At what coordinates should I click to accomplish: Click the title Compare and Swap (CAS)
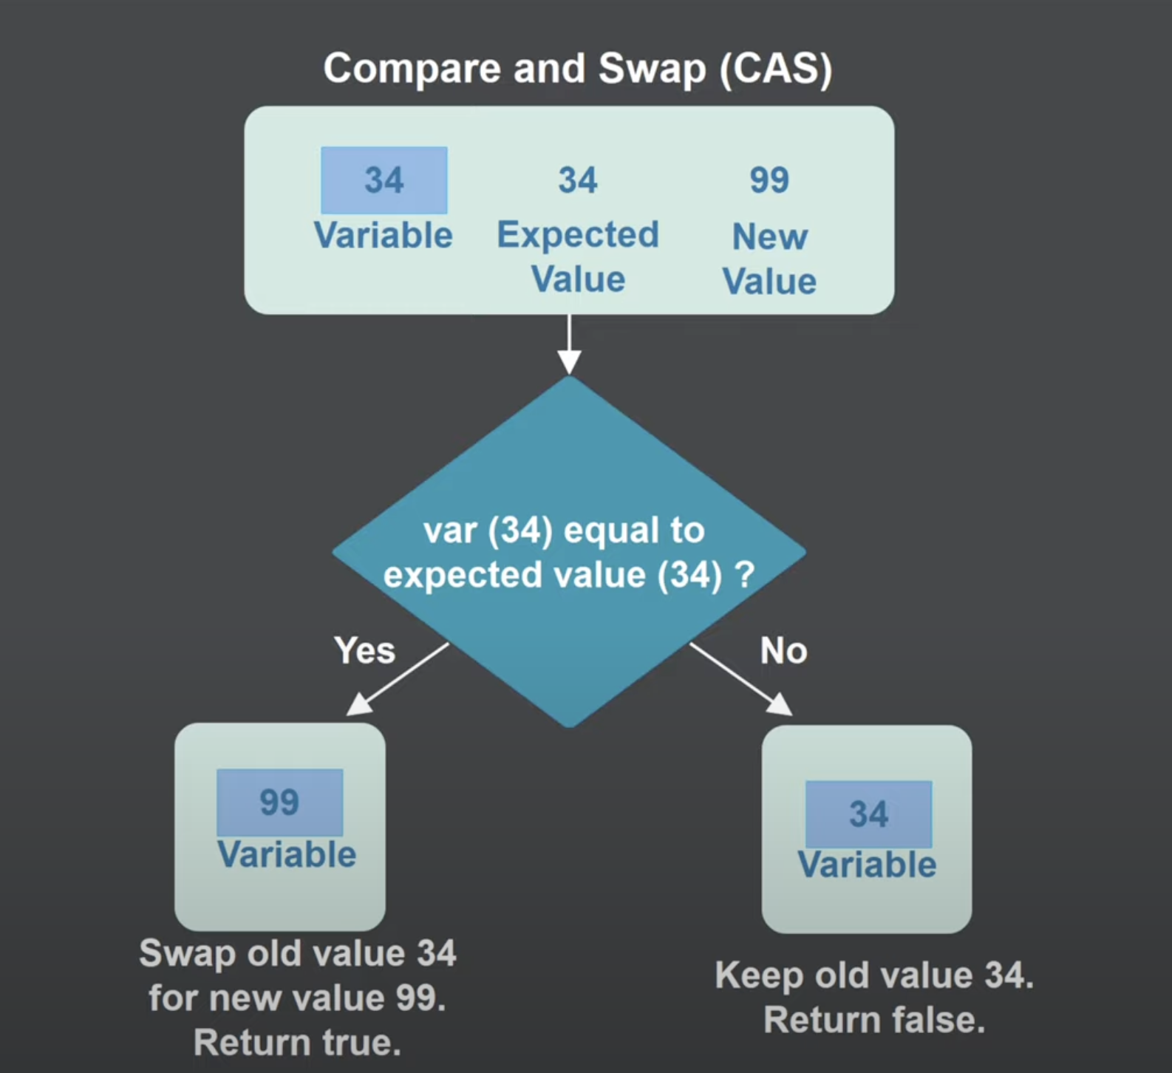pos(577,69)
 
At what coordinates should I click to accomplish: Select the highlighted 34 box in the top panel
pos(384,180)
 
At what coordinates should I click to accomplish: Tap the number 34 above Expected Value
pos(577,180)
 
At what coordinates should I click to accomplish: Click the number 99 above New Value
pos(769,180)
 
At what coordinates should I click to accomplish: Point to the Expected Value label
pos(578,257)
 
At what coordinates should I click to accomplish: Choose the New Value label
pos(769,259)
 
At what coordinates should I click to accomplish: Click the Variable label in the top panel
pos(383,236)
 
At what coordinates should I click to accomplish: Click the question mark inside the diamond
pos(745,574)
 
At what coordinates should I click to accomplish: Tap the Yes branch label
pos(364,650)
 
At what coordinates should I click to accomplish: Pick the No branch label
pos(783,651)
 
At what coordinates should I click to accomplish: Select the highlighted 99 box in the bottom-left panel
pos(279,802)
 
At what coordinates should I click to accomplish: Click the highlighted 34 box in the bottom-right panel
pos(868,814)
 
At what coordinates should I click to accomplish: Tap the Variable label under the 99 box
pos(287,855)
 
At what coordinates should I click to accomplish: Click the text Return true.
pos(297,1043)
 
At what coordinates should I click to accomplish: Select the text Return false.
pos(874,1021)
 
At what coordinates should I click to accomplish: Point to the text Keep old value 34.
pos(873,975)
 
